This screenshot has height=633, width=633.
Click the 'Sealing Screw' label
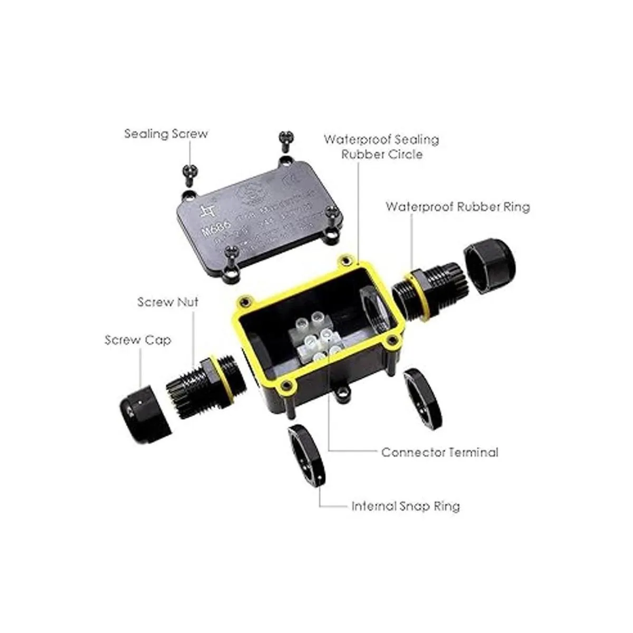click(166, 133)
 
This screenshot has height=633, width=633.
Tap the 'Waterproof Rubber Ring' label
click(457, 206)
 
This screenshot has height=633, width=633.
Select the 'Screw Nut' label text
click(168, 302)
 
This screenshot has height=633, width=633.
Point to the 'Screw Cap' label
click(138, 340)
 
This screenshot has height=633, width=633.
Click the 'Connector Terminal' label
click(439, 452)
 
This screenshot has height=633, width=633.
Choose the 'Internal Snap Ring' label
click(406, 506)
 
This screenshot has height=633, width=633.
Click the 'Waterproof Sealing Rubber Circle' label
click(381, 147)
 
